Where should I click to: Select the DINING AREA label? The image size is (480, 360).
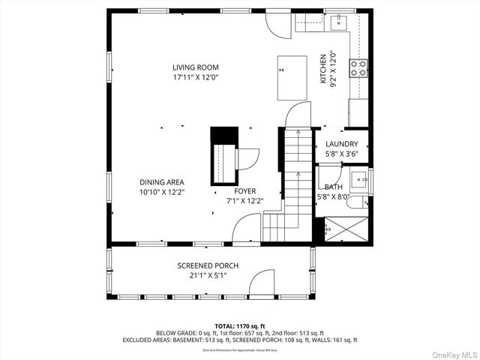[x=161, y=182]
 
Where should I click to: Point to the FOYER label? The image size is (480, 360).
[x=244, y=191]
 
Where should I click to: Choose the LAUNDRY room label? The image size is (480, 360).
[x=341, y=144]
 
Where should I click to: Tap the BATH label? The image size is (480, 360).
[x=334, y=187]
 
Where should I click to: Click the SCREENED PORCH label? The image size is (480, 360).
[x=208, y=266]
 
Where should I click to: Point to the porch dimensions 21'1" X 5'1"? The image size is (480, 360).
[x=208, y=276]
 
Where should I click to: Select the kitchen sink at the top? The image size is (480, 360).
[x=339, y=21]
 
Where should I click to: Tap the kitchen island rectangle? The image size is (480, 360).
[x=292, y=77]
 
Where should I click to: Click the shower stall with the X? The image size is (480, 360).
[x=346, y=228]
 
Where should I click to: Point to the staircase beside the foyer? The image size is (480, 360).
[x=295, y=180]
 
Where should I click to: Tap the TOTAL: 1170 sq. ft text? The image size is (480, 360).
[x=239, y=326]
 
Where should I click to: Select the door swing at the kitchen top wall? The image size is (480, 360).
[x=280, y=25]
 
